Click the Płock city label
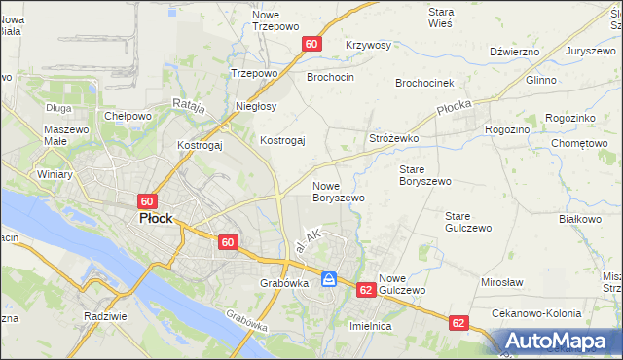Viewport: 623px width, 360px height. (x=156, y=219)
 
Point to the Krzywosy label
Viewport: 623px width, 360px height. (x=368, y=45)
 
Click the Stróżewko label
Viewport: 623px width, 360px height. (x=393, y=139)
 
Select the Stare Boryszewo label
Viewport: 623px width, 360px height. (x=425, y=175)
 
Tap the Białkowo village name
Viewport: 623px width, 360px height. (x=580, y=219)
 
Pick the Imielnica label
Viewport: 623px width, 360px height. (x=370, y=326)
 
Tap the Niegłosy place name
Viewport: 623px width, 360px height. (x=257, y=107)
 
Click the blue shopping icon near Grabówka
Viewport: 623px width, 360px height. (x=330, y=279)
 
